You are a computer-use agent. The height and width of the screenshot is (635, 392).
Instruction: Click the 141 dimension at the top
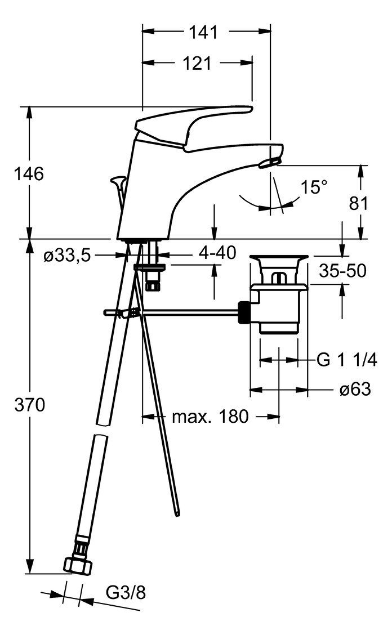click(203, 33)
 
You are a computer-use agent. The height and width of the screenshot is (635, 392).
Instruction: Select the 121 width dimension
click(197, 64)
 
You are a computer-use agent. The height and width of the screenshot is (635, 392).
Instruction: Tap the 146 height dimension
click(29, 174)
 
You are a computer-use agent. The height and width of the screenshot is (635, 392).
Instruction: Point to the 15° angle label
click(313, 187)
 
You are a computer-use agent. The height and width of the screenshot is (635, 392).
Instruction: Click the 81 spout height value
click(358, 203)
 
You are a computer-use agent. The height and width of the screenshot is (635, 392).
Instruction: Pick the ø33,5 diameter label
click(67, 256)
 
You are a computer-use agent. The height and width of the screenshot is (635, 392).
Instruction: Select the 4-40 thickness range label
click(217, 253)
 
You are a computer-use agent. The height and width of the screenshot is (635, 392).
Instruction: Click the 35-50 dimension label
click(342, 271)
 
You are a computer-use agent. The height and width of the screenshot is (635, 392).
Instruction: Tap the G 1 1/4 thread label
click(346, 360)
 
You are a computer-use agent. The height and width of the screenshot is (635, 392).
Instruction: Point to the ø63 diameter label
click(355, 389)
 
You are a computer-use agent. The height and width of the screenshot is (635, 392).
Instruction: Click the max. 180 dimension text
click(210, 417)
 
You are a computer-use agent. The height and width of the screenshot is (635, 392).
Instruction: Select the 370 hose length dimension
click(29, 405)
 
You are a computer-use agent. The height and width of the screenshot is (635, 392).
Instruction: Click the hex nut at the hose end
click(77, 565)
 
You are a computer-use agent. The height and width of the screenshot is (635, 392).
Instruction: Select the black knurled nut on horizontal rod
click(244, 312)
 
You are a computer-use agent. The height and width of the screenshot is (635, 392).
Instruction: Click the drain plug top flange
click(280, 259)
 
